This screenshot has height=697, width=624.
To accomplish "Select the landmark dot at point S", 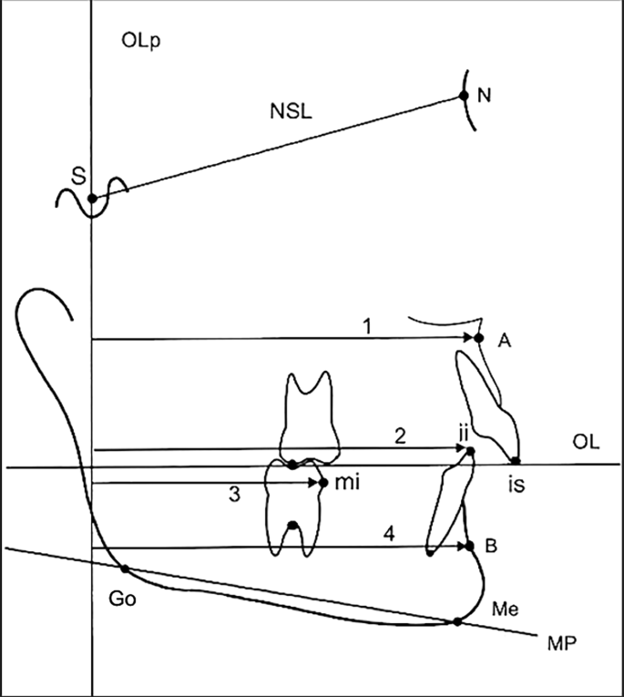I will (92, 198).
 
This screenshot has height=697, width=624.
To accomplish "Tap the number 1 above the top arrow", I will (365, 324).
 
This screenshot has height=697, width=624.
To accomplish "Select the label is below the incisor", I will (516, 486).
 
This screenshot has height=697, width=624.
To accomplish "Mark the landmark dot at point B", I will (470, 547).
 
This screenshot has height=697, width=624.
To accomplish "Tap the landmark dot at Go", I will (125, 569).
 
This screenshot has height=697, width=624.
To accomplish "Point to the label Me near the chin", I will (502, 608).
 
